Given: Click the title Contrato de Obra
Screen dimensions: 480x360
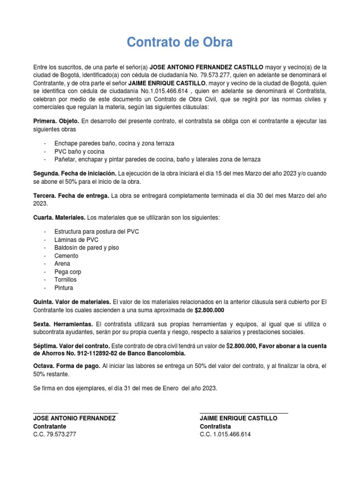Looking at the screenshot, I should point(180,43).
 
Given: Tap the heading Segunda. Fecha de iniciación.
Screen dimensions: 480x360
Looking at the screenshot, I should point(74,173).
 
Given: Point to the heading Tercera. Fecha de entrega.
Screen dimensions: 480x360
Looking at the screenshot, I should point(71,195).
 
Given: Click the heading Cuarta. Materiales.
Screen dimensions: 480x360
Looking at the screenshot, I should point(59,218).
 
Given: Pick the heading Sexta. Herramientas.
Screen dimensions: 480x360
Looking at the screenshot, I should point(63,324).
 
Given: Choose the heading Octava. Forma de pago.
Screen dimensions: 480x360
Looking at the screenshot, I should point(66,366).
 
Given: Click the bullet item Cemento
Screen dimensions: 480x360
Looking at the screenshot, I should point(66,256).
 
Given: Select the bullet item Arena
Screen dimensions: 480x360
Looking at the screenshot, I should point(62,264).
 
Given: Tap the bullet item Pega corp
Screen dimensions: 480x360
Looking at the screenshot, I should point(67,272).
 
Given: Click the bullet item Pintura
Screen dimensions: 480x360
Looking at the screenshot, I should point(64,288).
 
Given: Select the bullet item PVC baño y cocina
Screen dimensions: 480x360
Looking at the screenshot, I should point(79,151).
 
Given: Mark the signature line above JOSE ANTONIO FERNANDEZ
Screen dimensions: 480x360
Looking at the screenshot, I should point(75,413).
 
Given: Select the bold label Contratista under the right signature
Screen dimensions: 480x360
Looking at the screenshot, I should point(215,427).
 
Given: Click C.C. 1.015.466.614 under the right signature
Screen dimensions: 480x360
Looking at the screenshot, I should point(225,435).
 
